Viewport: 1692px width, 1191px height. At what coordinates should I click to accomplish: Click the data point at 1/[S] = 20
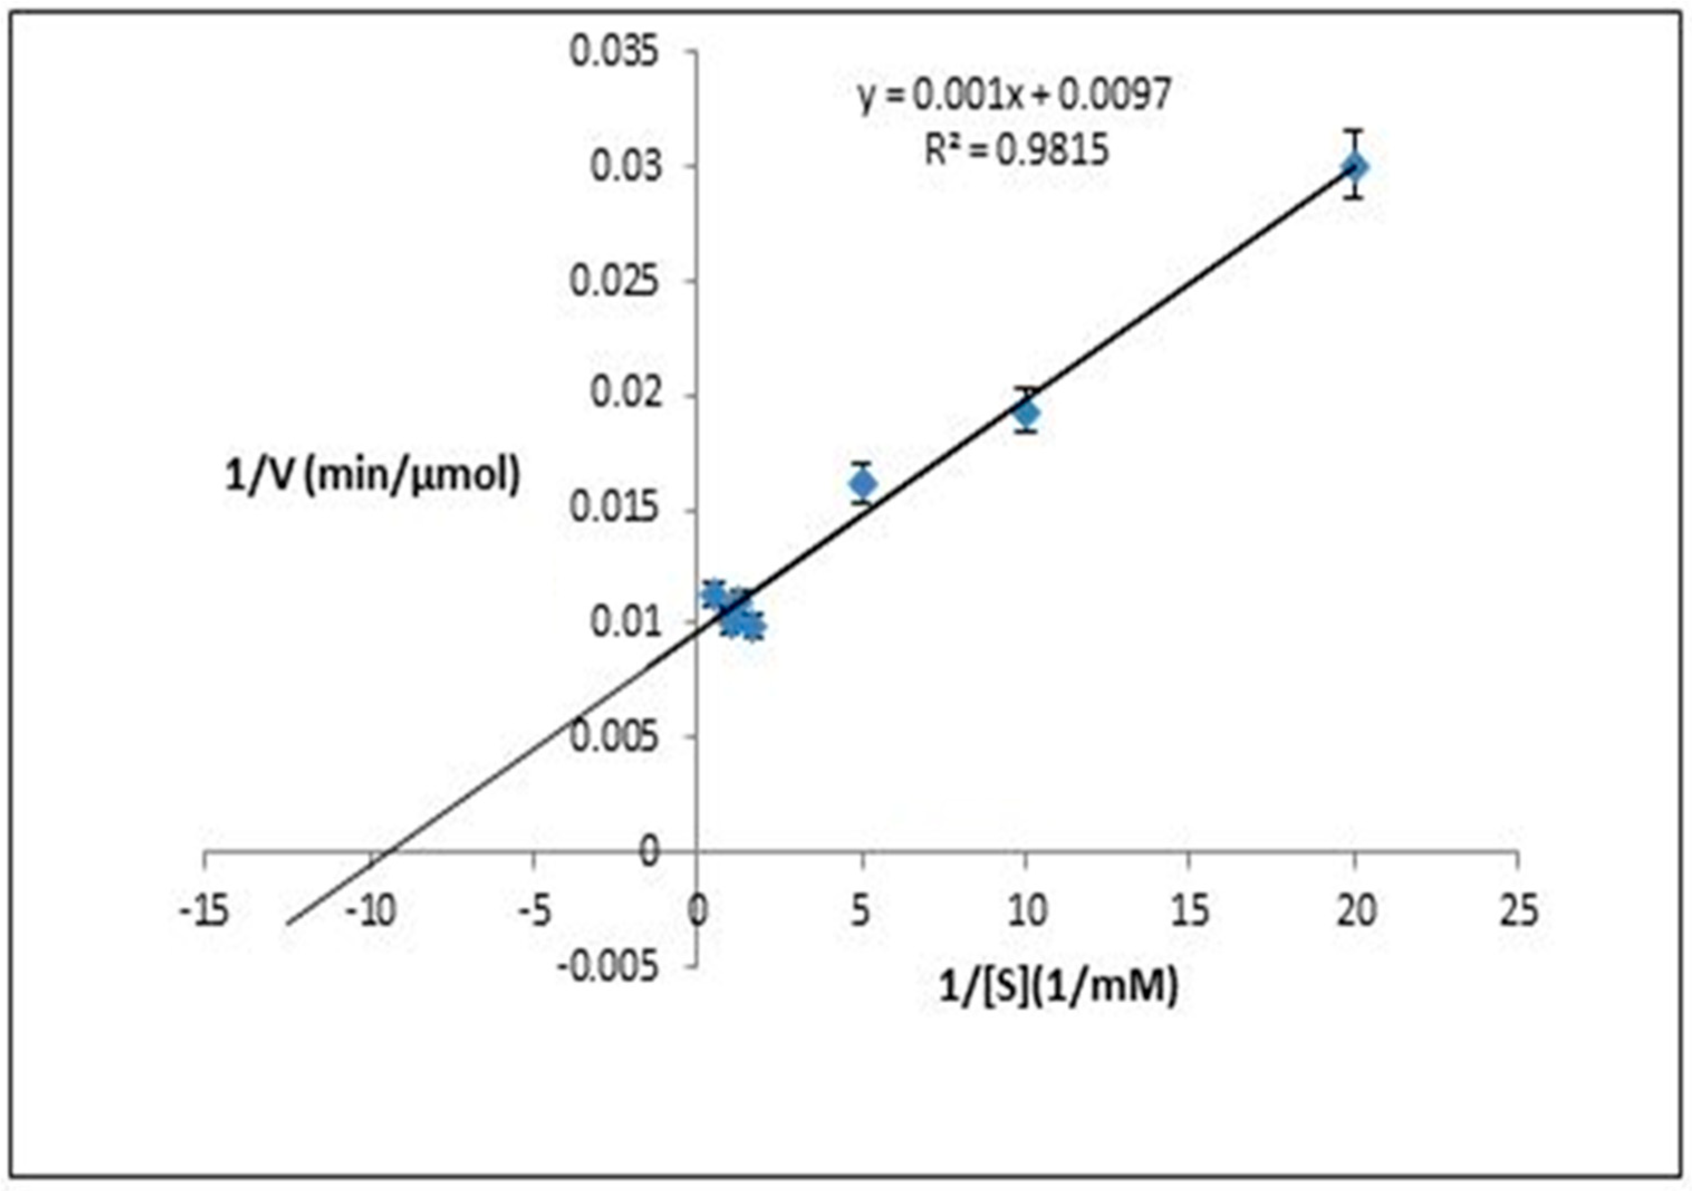click(x=1354, y=167)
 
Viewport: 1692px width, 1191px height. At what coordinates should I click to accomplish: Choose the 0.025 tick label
click(x=614, y=282)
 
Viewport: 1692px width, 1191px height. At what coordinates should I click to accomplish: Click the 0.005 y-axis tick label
click(x=614, y=737)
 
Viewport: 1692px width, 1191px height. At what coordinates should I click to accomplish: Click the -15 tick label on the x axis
click(x=205, y=912)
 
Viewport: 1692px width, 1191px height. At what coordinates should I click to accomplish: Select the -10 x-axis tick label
click(x=370, y=912)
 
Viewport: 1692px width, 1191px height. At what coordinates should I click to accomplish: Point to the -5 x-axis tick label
click(x=534, y=912)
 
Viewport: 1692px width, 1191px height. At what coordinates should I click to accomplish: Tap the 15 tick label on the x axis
click(x=1189, y=912)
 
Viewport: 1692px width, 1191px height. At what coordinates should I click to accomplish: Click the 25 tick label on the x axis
click(x=1518, y=912)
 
